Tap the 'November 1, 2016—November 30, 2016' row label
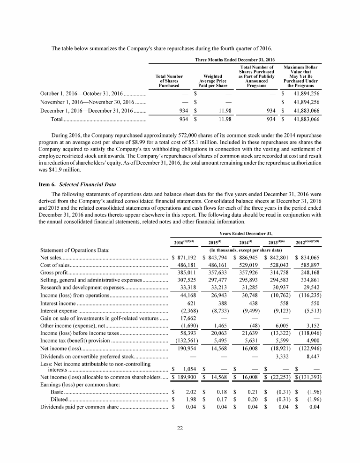[x=87, y=102]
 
